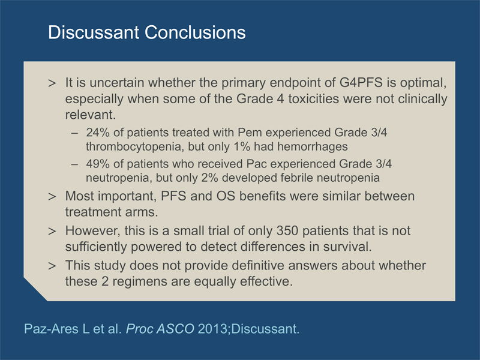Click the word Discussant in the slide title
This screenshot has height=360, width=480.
pyautogui.click(x=94, y=32)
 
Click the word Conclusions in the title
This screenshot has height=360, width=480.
pyautogui.click(x=195, y=32)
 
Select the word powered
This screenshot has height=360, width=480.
pyautogui.click(x=159, y=247)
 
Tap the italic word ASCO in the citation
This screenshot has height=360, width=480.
pyautogui.click(x=175, y=329)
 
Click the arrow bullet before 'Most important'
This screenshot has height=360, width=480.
pyautogui.click(x=52, y=197)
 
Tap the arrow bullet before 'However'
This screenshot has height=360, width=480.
pyautogui.click(x=52, y=232)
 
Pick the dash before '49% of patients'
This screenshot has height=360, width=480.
pyautogui.click(x=74, y=164)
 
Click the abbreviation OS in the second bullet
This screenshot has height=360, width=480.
pyautogui.click(x=226, y=196)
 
